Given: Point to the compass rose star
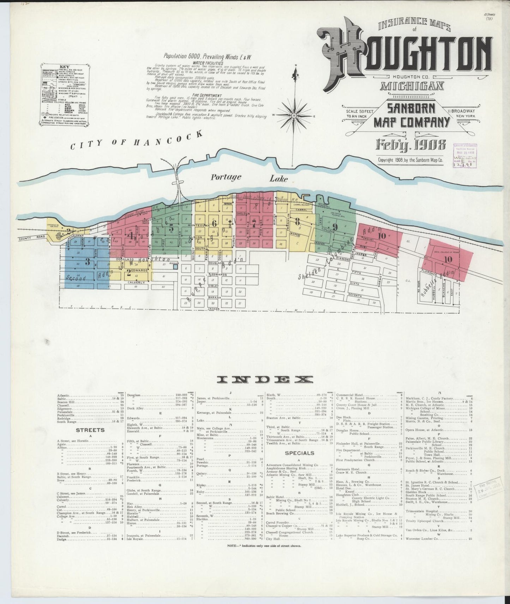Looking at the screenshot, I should [293, 115].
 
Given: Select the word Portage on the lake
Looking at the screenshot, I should [226, 177].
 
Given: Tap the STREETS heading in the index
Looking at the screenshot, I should [90, 430].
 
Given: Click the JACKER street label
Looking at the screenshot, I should [214, 308].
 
